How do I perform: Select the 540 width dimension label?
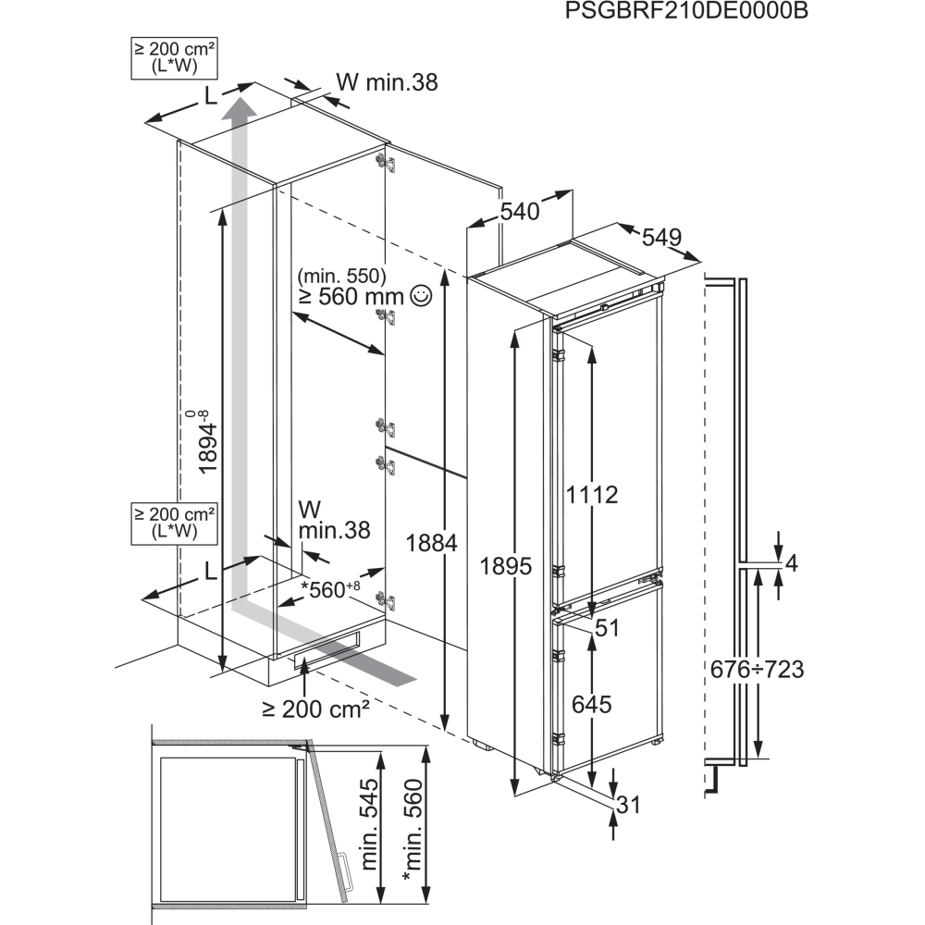coord(520,212)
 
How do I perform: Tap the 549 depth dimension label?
coord(661,238)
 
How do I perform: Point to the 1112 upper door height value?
coord(592,495)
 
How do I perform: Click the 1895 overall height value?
coord(506,567)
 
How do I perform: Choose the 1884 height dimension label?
coord(432,545)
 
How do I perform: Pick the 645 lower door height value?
coord(591,705)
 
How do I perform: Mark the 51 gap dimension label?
coord(606,628)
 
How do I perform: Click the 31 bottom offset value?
coord(628,805)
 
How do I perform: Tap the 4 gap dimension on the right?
coord(791,562)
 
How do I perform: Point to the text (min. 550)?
coord(341,276)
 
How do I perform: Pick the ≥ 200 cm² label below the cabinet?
coord(315,709)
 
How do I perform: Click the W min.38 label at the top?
coord(387,82)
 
